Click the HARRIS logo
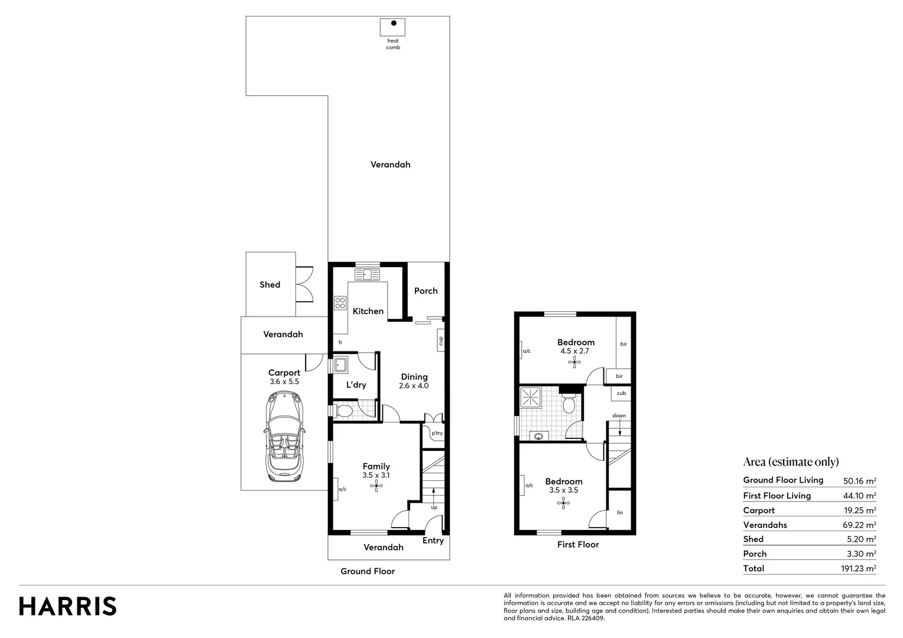point(67,606)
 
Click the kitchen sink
point(368,274)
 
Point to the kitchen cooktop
point(340,303)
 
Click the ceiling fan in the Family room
point(376,487)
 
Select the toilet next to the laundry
point(343,410)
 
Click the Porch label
point(425,291)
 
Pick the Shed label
point(269,285)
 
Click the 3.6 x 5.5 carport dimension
point(284,382)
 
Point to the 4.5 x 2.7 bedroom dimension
point(575,351)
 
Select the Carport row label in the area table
point(759,510)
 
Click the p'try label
point(437,433)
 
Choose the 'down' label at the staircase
point(619,415)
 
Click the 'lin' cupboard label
point(620,512)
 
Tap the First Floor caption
point(578,545)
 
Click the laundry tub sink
point(340,365)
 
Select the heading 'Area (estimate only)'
point(791,462)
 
